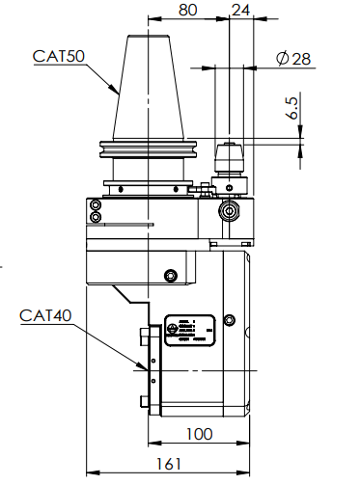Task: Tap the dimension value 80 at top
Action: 188,12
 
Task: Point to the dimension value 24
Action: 240,12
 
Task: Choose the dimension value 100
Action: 199,434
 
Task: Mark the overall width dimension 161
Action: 169,465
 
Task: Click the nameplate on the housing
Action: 188,328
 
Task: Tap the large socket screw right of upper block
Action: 230,211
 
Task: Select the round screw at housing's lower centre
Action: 172,276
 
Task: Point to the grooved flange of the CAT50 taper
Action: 150,151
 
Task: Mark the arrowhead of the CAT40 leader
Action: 148,367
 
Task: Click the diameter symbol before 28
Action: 281,59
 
